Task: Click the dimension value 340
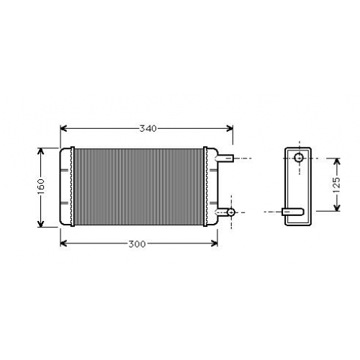tap(148, 129)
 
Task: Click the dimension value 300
tap(137, 244)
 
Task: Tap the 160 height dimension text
tap(41, 187)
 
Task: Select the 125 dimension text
tap(337, 185)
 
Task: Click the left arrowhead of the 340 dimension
tap(63, 128)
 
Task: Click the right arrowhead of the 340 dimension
tap(230, 128)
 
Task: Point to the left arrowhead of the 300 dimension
tap(63, 243)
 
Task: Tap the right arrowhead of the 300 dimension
tap(214, 243)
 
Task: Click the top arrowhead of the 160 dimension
tap(41, 151)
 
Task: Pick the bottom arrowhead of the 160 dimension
tap(41, 223)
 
